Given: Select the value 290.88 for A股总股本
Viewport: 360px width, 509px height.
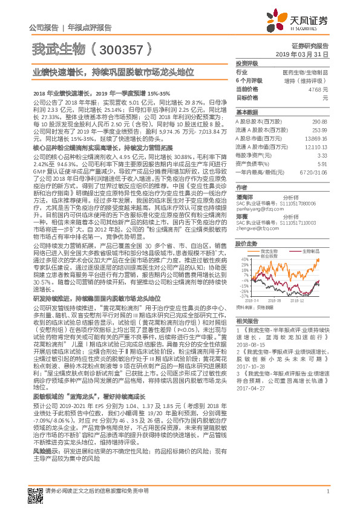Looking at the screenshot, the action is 320,122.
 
